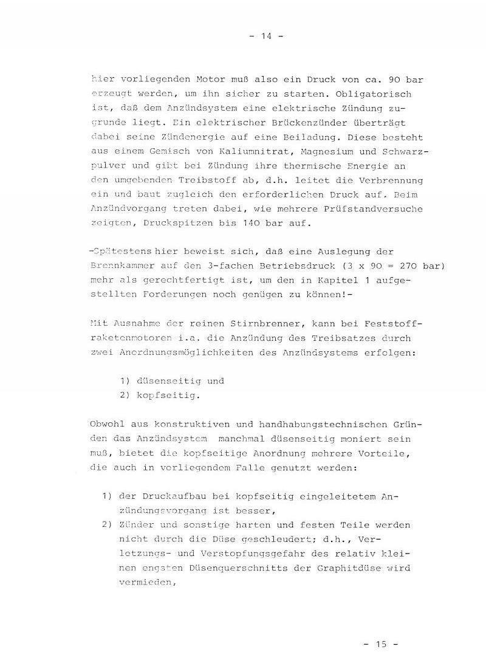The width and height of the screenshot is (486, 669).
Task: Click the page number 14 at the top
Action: pyautogui.click(x=266, y=36)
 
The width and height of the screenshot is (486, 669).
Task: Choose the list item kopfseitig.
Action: pyautogui.click(x=161, y=395)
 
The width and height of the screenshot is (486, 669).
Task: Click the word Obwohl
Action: pyautogui.click(x=108, y=424)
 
